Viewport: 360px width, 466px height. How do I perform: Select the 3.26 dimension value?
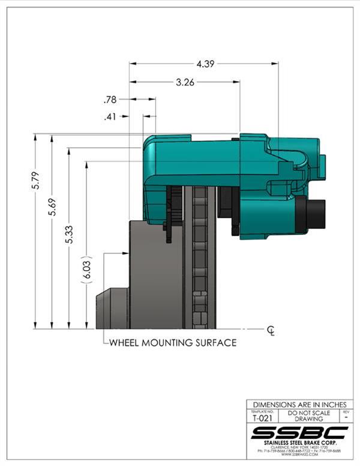click(x=185, y=83)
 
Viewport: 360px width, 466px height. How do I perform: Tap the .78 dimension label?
click(x=110, y=100)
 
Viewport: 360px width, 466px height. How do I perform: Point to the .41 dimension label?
click(x=110, y=117)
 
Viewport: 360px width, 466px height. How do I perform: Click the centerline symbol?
click(x=271, y=330)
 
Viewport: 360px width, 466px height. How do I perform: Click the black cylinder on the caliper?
click(x=313, y=215)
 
